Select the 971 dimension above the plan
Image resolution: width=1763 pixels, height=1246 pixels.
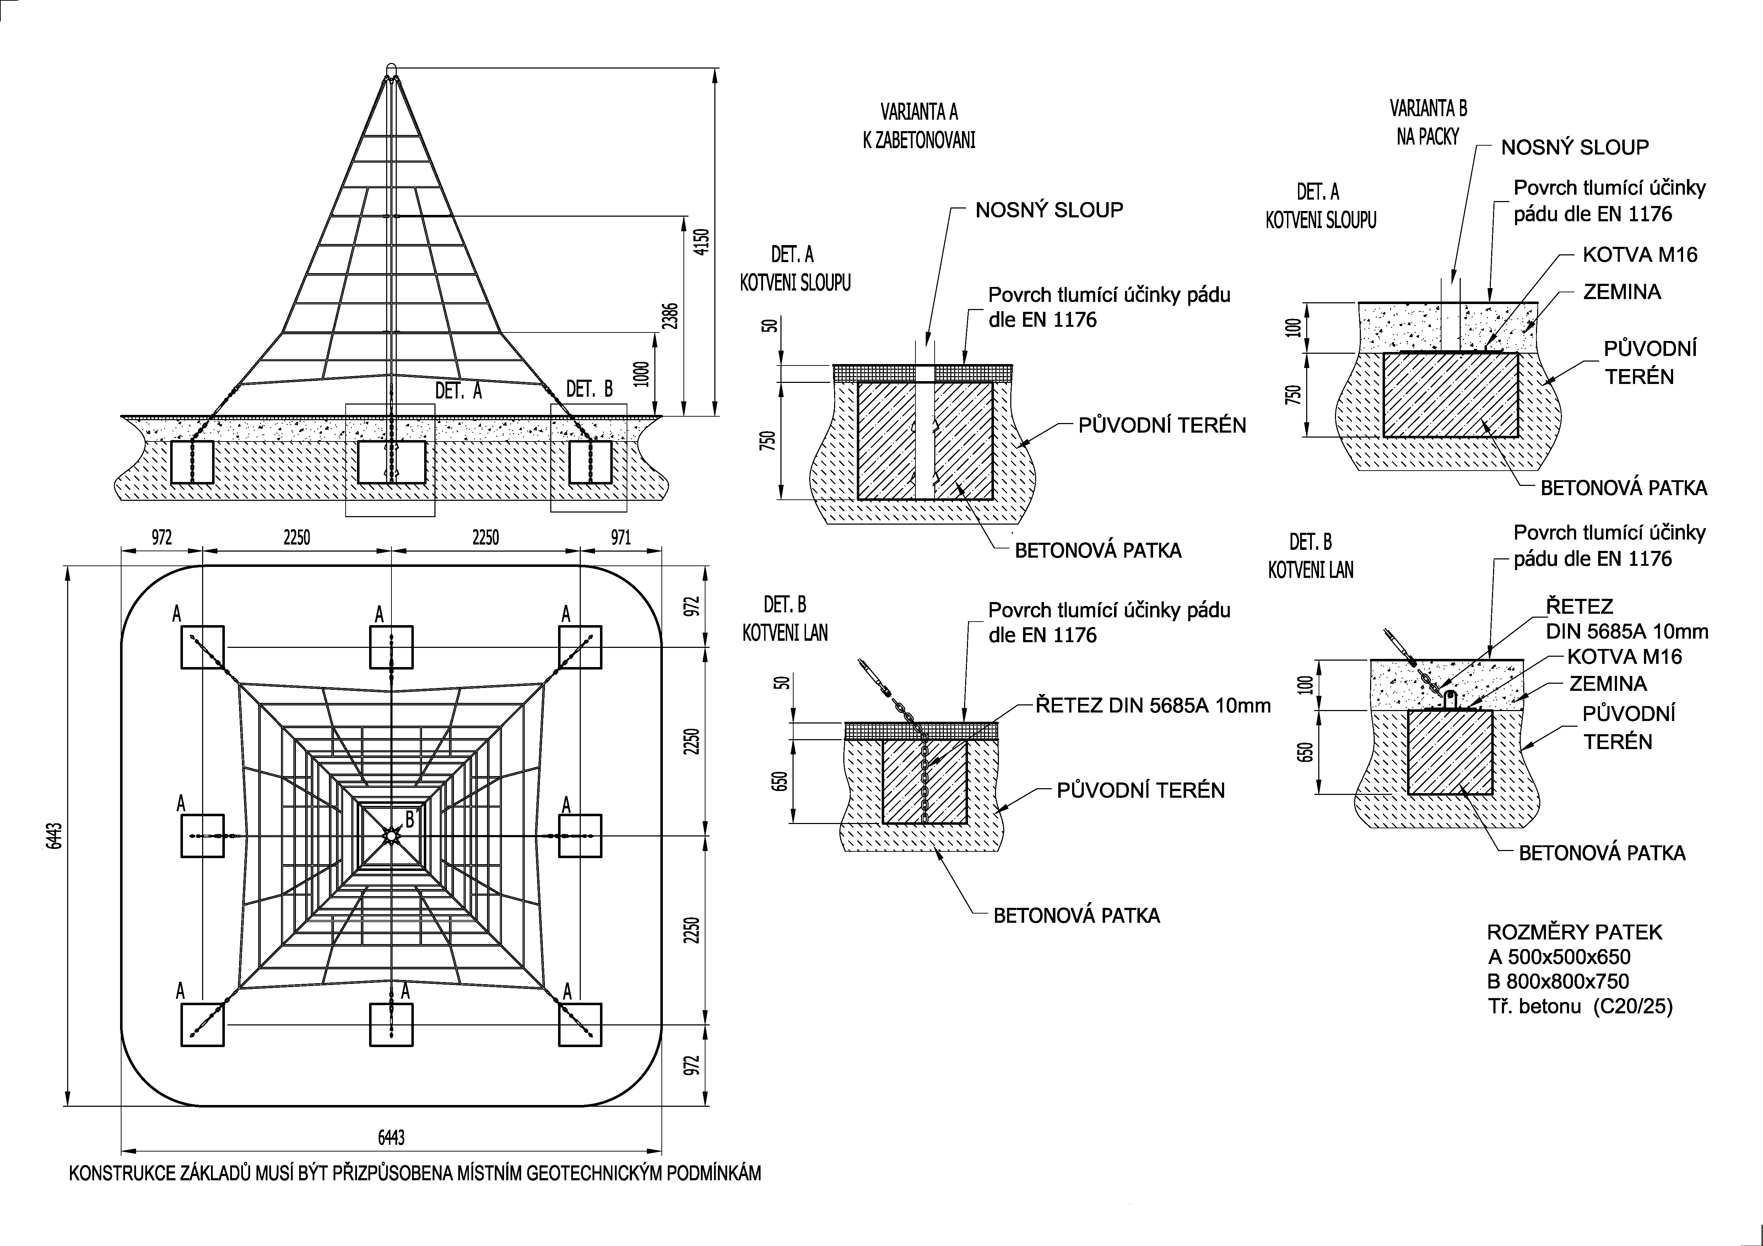click(x=621, y=537)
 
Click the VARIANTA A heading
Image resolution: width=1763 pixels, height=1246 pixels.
click(x=919, y=112)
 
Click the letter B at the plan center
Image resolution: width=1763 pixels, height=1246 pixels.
click(x=410, y=819)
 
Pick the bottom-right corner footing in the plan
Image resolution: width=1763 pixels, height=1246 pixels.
click(x=580, y=1024)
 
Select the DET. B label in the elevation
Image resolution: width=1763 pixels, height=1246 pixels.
click(x=590, y=389)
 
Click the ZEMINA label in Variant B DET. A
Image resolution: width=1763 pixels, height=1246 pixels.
click(x=1622, y=292)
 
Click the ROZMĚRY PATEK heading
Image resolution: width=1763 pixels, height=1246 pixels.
click(x=1574, y=932)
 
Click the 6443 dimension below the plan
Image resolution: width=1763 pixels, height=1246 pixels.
click(x=391, y=1137)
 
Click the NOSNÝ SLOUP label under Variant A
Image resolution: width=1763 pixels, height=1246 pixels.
click(x=1049, y=210)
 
